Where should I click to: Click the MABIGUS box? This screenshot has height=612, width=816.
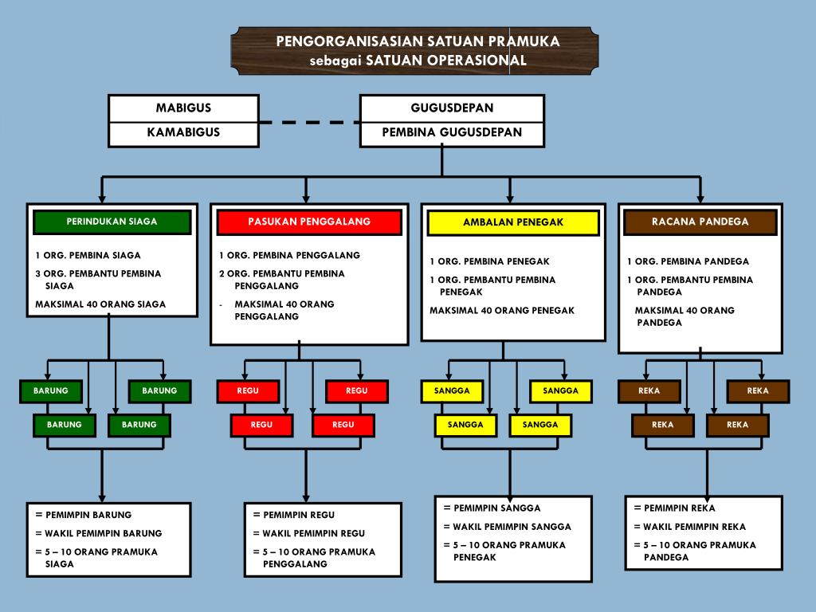(183, 108)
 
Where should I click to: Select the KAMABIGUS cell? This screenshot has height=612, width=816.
(183, 132)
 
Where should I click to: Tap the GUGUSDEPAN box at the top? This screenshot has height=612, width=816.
(452, 108)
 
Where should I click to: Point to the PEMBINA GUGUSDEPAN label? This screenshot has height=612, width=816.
(452, 132)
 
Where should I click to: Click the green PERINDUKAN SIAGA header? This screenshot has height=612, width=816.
(112, 222)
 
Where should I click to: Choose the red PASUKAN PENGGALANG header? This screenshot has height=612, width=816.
(308, 222)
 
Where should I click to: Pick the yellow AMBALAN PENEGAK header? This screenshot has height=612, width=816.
(512, 222)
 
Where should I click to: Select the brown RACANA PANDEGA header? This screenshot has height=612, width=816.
(700, 222)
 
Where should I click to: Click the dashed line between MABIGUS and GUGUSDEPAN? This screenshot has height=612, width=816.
(309, 123)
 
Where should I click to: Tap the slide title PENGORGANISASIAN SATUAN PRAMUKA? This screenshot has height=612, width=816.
(418, 41)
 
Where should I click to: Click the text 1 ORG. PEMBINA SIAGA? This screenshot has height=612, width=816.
(88, 256)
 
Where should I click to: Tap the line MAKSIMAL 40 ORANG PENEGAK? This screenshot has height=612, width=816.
(502, 311)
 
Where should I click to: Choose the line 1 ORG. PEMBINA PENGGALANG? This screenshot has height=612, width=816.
(289, 256)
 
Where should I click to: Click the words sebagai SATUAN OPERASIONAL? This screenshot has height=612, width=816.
(418, 61)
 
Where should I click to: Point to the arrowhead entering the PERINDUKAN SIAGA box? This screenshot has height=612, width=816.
(102, 197)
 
